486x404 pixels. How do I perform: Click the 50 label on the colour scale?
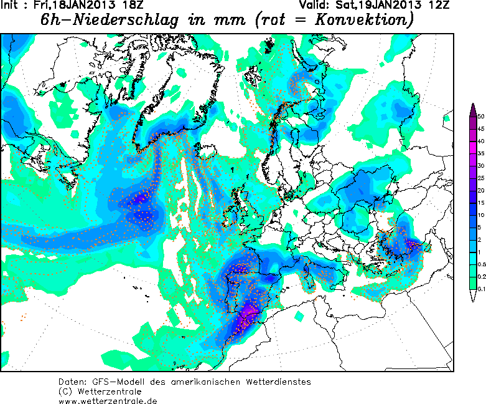(481, 117)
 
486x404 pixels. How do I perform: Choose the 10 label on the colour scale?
(481, 214)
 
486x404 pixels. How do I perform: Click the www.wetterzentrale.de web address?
(107, 400)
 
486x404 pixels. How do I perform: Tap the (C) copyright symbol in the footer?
(64, 391)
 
